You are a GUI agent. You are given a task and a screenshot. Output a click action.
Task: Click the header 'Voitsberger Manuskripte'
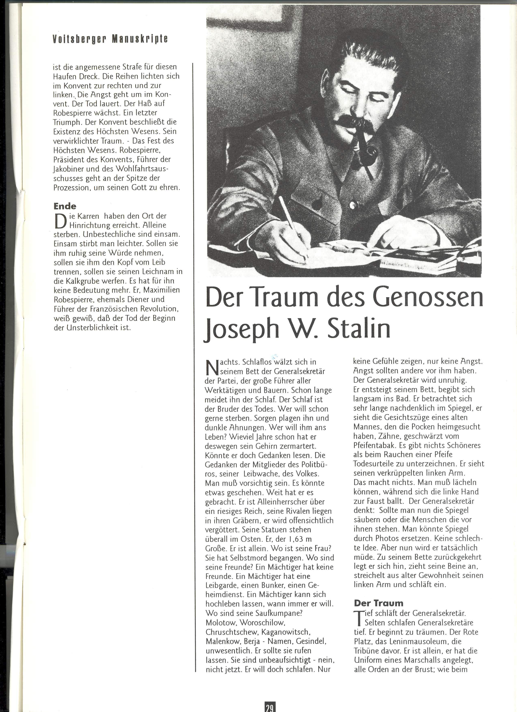point(110,39)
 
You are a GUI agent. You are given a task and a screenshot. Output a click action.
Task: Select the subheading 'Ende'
point(65,206)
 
